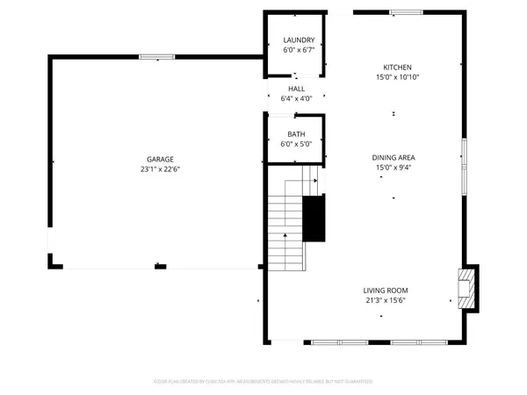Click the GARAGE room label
click(160, 160)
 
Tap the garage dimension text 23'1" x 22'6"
click(160, 169)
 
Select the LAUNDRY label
click(298, 41)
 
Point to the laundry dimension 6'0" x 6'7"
click(298, 51)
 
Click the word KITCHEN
click(397, 68)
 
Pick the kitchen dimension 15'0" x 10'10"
click(397, 77)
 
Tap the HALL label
click(297, 89)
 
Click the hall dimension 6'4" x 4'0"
click(297, 98)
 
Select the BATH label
click(297, 134)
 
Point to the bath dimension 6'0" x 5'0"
click(297, 144)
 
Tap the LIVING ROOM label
click(386, 291)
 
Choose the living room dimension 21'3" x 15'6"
click(386, 300)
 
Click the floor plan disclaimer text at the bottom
click(263, 382)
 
